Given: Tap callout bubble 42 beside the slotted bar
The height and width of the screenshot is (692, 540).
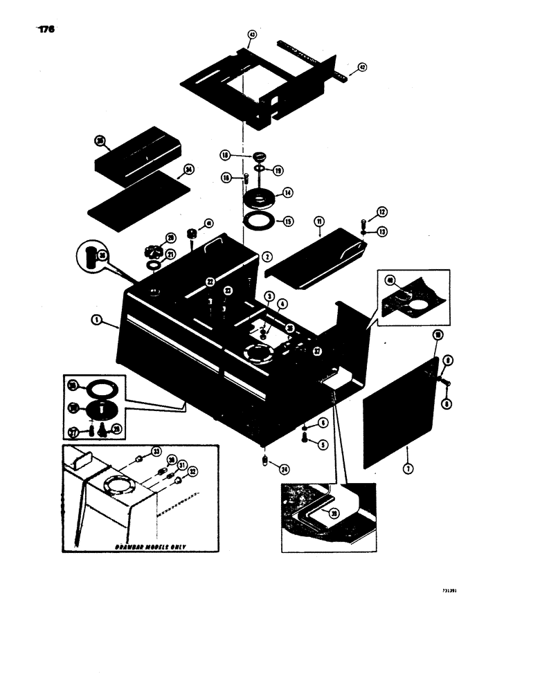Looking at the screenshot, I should coord(361,68).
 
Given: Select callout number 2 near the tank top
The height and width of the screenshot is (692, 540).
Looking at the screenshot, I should coord(267,256).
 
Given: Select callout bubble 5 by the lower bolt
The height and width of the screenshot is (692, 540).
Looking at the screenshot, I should coord(323,445).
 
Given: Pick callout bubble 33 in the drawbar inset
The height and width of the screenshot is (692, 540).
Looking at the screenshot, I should coord(156,452).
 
